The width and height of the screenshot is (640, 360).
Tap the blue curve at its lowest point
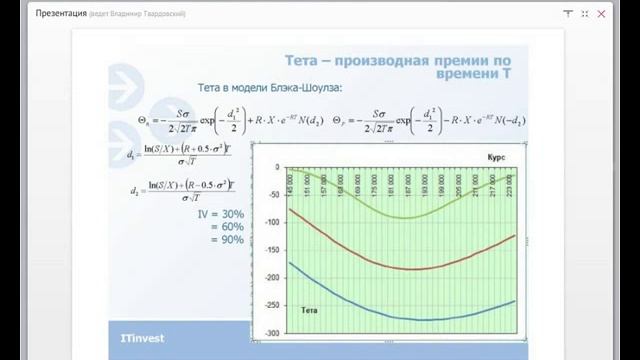point(413,320)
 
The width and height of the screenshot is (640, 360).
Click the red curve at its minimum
point(411,268)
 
